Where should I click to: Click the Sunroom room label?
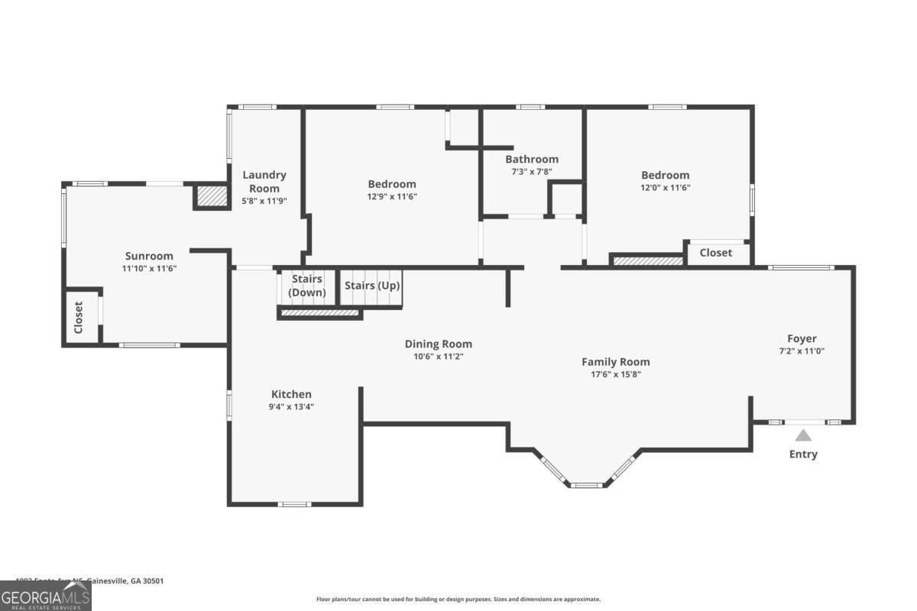click(x=149, y=256)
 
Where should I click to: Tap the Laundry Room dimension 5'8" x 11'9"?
click(x=264, y=201)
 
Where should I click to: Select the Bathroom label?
click(x=531, y=159)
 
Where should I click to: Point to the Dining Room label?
click(x=438, y=344)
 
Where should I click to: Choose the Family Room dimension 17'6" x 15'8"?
click(x=615, y=374)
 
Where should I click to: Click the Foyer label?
click(x=802, y=338)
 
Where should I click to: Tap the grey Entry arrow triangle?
click(x=802, y=435)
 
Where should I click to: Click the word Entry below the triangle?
click(x=802, y=454)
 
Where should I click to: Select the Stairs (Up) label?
click(x=371, y=285)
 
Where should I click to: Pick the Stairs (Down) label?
click(x=306, y=286)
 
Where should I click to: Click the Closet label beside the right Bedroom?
click(x=715, y=252)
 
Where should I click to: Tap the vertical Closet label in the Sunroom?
click(x=78, y=317)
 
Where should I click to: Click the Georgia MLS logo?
click(x=46, y=596)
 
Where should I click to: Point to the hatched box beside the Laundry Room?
click(x=211, y=196)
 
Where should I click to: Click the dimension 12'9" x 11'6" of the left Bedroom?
click(x=392, y=196)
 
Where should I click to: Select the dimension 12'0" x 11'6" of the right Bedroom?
click(x=665, y=187)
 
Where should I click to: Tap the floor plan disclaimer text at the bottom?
click(x=458, y=600)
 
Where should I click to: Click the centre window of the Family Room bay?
click(x=586, y=484)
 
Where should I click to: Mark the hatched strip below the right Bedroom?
click(x=648, y=260)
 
